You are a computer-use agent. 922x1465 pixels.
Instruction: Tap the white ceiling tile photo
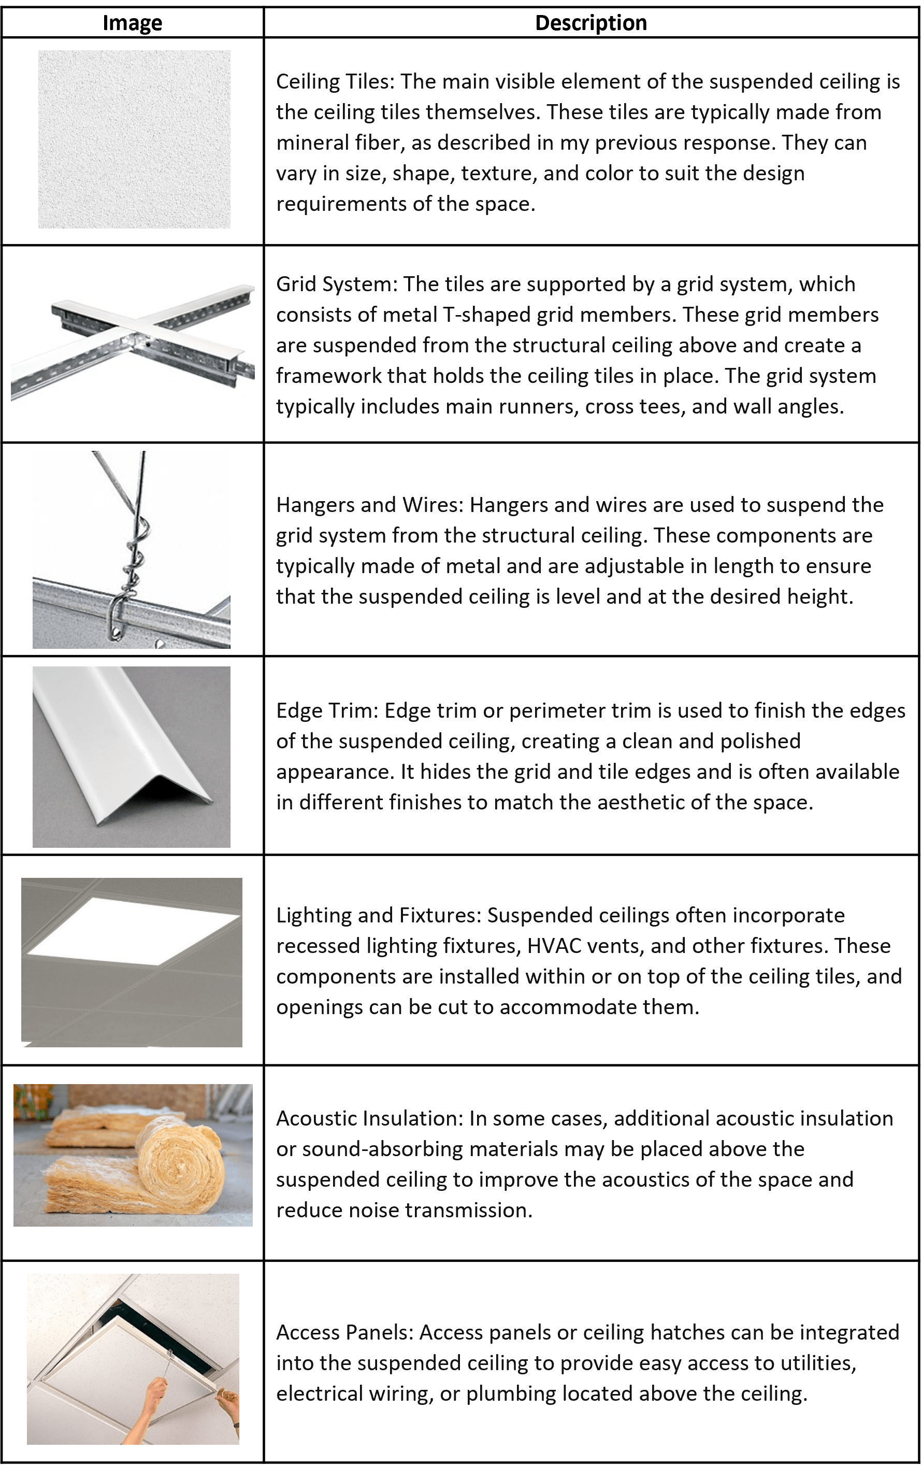click(134, 139)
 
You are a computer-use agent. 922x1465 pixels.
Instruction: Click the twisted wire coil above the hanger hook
click(135, 550)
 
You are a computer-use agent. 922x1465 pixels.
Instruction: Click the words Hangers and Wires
click(369, 505)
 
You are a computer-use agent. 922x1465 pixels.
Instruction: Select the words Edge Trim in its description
click(327, 710)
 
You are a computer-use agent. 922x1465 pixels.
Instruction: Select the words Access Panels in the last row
click(344, 1332)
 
